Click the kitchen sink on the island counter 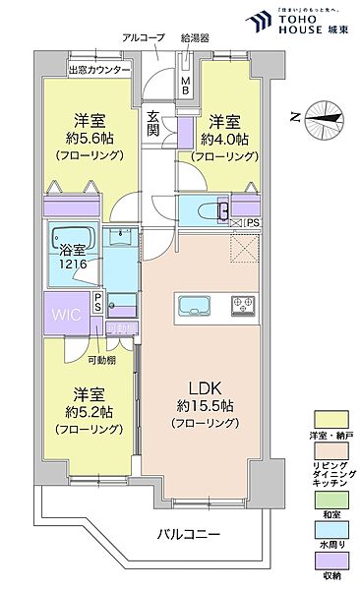point(189,301)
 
